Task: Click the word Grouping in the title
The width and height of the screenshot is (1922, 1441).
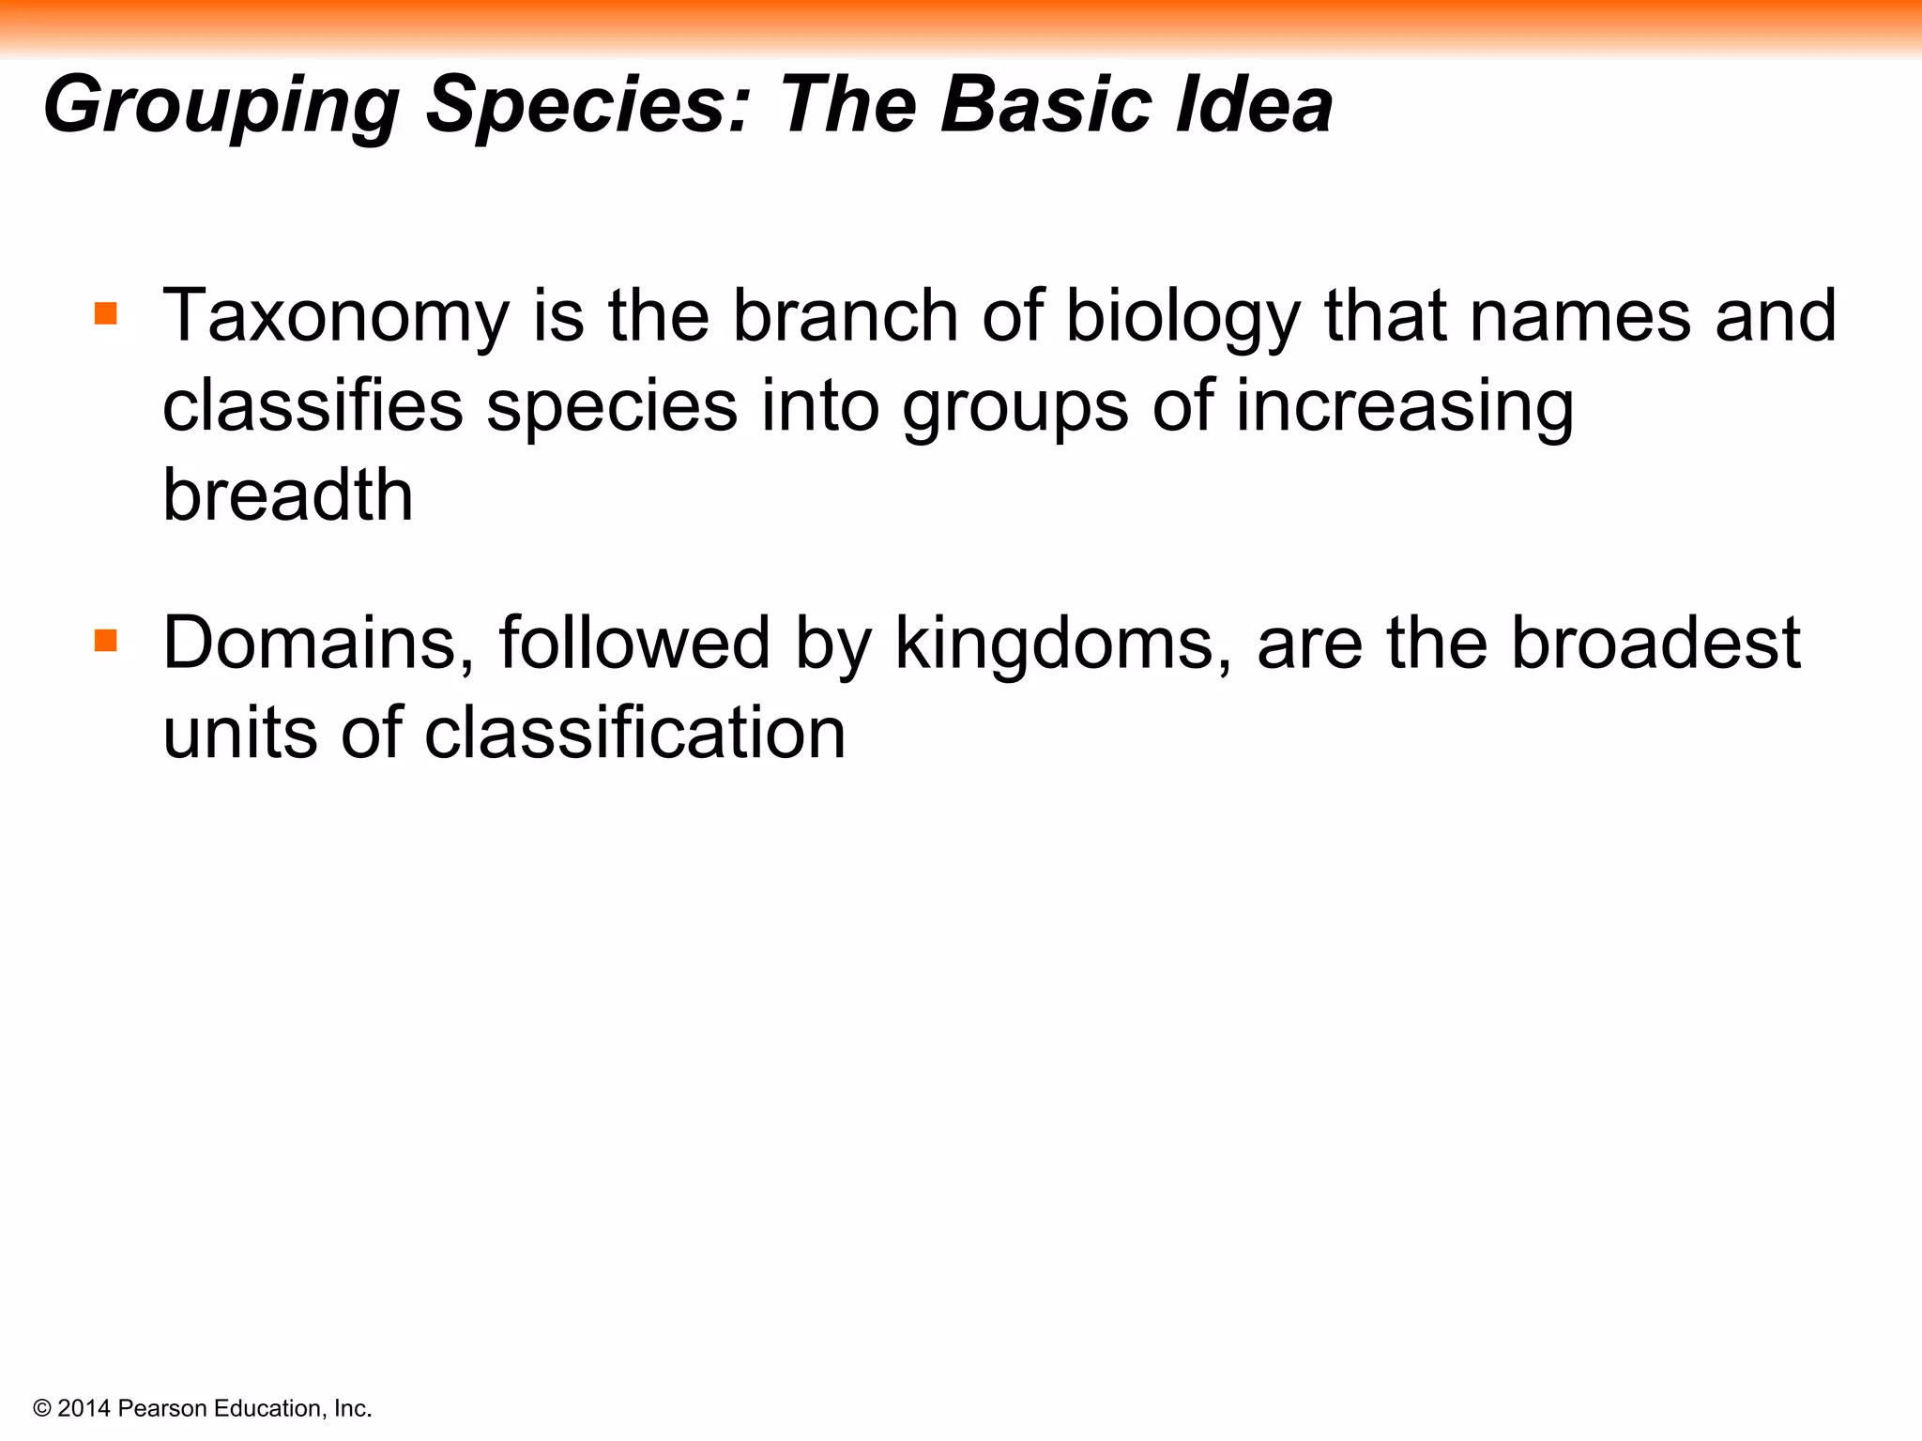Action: click(x=221, y=105)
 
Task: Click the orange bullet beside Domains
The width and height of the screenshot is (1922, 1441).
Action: click(x=106, y=641)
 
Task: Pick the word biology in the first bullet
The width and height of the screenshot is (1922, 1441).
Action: click(x=1183, y=317)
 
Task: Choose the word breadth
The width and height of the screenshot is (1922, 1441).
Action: click(x=287, y=494)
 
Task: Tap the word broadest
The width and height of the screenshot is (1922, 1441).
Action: click(x=1655, y=644)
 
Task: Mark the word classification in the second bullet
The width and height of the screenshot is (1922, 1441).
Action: click(x=635, y=733)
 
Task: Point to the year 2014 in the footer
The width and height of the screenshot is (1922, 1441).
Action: click(x=84, y=1408)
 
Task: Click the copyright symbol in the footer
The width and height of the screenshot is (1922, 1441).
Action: click(x=41, y=1408)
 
